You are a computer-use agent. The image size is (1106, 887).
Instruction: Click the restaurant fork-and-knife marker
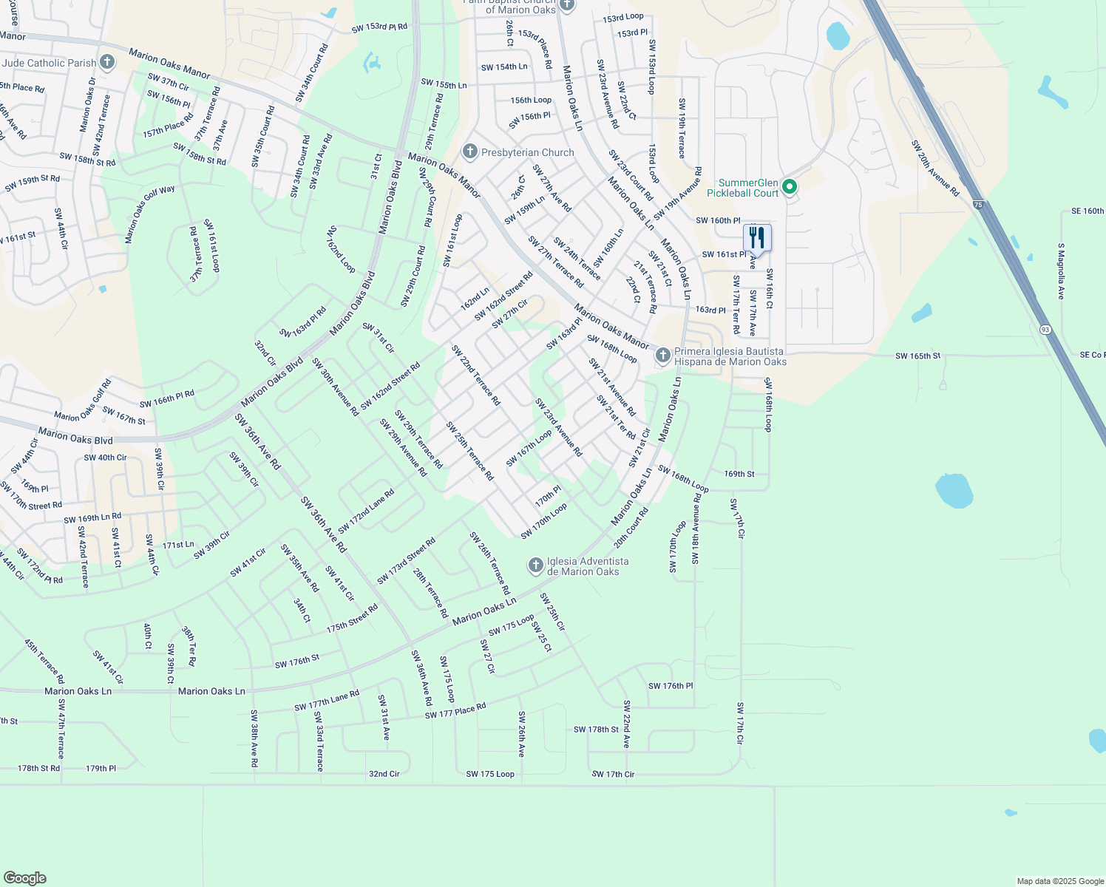click(x=757, y=238)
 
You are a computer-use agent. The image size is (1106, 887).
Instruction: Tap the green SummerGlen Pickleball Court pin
click(x=789, y=187)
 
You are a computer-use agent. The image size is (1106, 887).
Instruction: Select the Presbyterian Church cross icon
click(x=469, y=152)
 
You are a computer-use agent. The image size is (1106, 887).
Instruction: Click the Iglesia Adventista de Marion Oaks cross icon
click(x=535, y=566)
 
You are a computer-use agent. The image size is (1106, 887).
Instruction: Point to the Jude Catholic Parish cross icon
click(x=107, y=62)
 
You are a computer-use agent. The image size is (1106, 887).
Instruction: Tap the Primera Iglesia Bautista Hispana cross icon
click(x=663, y=356)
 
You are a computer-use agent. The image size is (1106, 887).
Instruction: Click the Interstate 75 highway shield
click(x=977, y=204)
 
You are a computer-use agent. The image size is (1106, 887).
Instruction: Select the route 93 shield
click(x=1045, y=328)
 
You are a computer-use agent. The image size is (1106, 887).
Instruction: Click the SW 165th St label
click(x=917, y=356)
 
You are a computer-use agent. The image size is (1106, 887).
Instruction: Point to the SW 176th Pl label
click(x=671, y=686)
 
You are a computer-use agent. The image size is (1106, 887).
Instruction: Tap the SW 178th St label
click(x=596, y=730)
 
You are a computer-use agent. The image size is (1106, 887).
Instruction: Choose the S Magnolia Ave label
click(x=1061, y=271)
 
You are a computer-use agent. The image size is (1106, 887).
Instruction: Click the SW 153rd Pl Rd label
click(x=379, y=27)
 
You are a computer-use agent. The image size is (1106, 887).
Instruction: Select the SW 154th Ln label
click(x=504, y=67)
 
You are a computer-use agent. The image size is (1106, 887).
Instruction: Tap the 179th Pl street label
click(x=101, y=769)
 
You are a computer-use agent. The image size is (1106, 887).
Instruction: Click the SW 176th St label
click(x=297, y=662)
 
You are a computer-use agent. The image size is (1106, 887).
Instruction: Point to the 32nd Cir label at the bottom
click(x=384, y=774)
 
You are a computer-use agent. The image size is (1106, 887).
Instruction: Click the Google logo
click(x=24, y=877)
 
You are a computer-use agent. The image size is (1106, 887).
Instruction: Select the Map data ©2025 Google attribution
click(x=1060, y=881)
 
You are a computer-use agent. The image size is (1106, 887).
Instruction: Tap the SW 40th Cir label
click(x=105, y=458)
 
